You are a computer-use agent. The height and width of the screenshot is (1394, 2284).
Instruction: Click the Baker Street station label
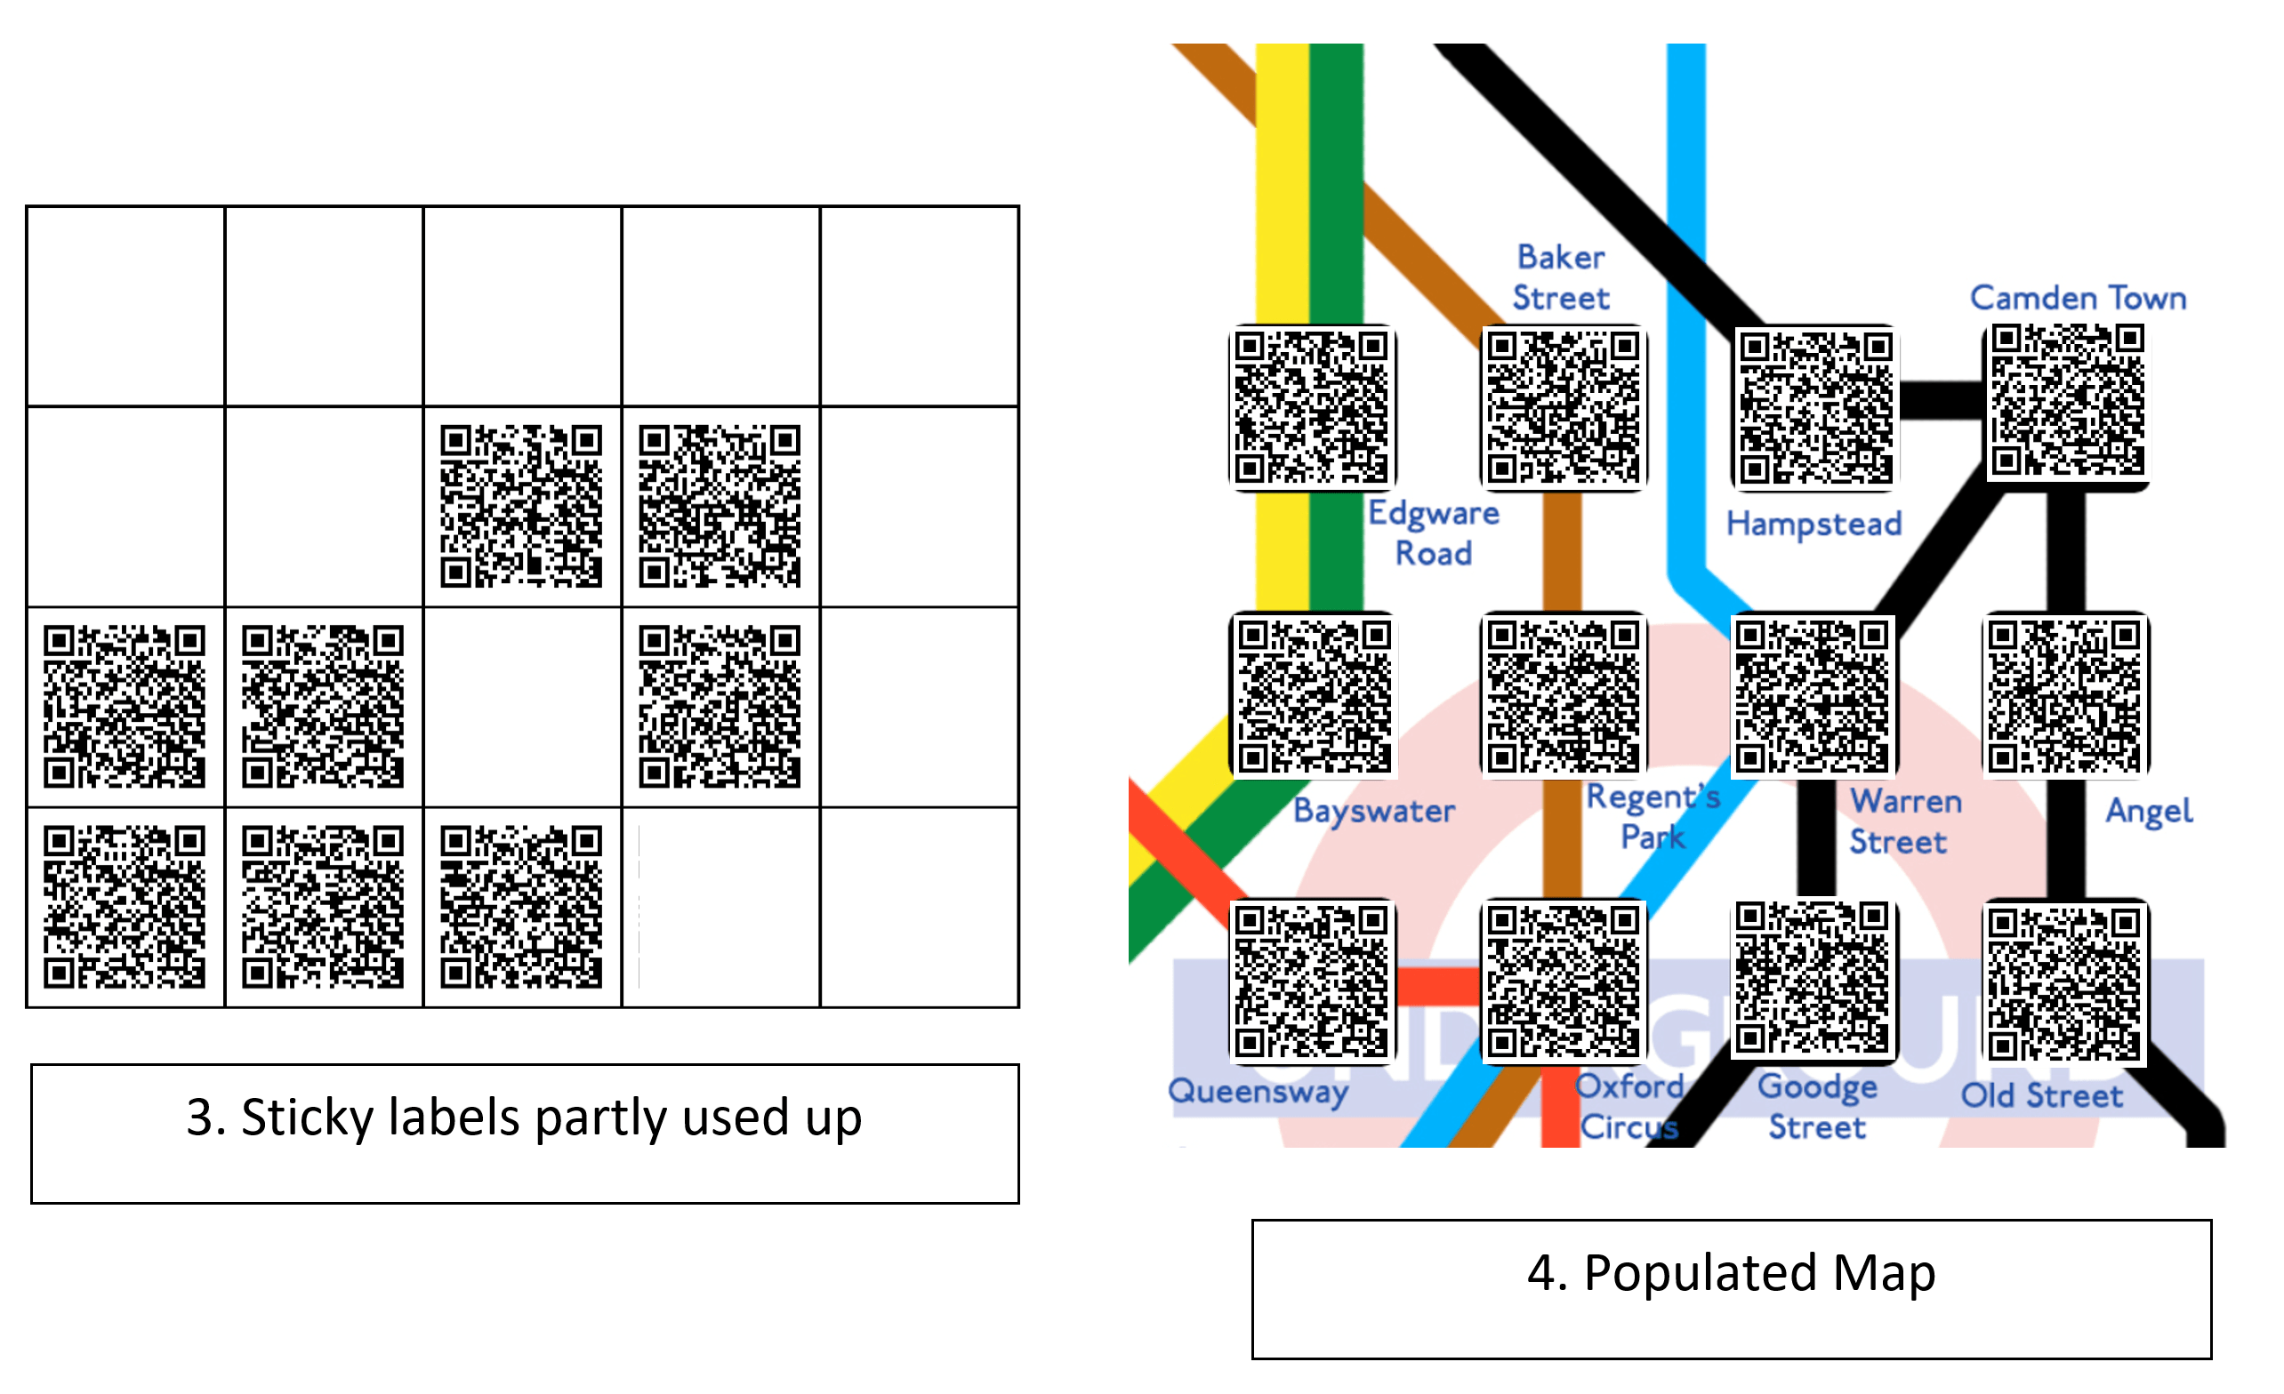point(1561,277)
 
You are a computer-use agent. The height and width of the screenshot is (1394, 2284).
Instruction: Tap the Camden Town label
point(2078,298)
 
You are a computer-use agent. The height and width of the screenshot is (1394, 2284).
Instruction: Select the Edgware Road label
point(1433,533)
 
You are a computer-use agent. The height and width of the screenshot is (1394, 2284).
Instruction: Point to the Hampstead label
point(1814,524)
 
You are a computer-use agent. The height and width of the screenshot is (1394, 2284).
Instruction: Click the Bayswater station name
point(1374,811)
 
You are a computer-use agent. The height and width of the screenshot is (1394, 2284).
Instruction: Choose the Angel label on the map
point(2148,811)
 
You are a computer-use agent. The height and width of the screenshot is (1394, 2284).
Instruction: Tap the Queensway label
point(1257,1091)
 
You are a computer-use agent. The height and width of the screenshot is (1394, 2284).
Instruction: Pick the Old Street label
point(2041,1095)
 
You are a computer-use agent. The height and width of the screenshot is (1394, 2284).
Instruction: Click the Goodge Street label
point(1817,1107)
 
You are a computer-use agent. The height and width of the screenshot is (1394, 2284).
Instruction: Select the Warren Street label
point(1904,821)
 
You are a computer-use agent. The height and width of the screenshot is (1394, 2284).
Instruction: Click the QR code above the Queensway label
point(1311,981)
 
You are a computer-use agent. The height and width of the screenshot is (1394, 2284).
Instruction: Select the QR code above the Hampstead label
point(1815,408)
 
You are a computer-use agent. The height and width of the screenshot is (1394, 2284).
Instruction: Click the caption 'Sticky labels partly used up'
point(524,1117)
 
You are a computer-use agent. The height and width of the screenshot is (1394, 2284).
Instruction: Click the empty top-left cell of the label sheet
point(126,307)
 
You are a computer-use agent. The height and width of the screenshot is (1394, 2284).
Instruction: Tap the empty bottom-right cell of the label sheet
point(919,908)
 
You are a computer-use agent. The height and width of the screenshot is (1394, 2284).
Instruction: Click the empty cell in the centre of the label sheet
point(522,707)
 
